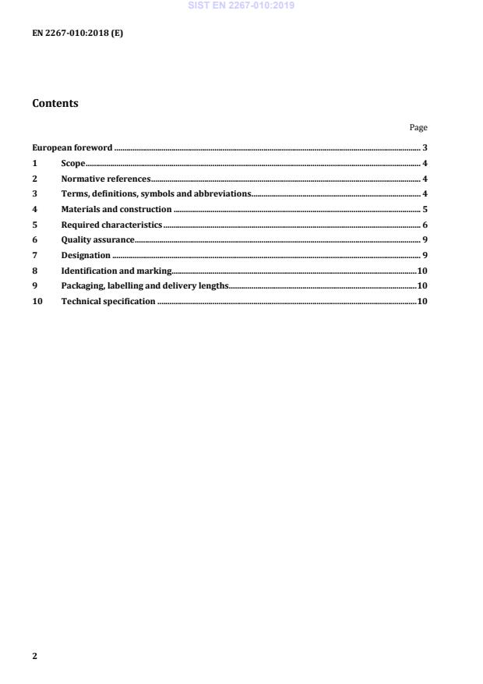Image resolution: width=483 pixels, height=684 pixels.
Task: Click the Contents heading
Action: tap(55, 103)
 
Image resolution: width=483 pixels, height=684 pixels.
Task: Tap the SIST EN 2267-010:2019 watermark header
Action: tap(241, 6)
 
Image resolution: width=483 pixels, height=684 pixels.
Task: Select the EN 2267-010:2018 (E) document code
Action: tap(77, 34)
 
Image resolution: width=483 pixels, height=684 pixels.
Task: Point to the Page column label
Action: tap(418, 127)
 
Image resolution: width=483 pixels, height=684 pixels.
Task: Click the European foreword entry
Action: tap(72, 147)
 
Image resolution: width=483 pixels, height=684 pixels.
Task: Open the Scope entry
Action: tap(72, 163)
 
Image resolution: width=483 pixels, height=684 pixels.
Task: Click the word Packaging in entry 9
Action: tap(81, 286)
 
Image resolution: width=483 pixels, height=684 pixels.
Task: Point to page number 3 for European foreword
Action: tap(425, 147)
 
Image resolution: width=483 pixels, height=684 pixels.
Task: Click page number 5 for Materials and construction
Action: tap(425, 209)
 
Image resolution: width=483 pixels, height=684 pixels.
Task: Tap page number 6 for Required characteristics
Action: tap(425, 225)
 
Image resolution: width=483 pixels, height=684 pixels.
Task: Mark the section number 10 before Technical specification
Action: tap(37, 301)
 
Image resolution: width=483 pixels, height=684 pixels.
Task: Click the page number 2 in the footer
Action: tap(34, 656)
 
